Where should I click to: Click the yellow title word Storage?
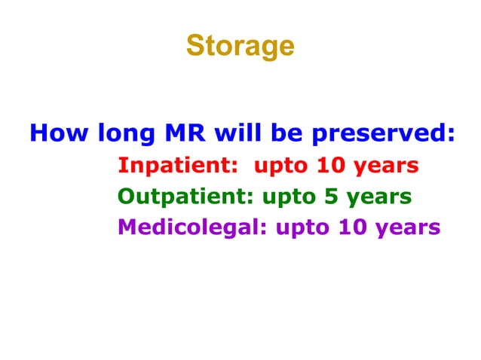(240, 46)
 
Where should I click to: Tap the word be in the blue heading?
(289, 134)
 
